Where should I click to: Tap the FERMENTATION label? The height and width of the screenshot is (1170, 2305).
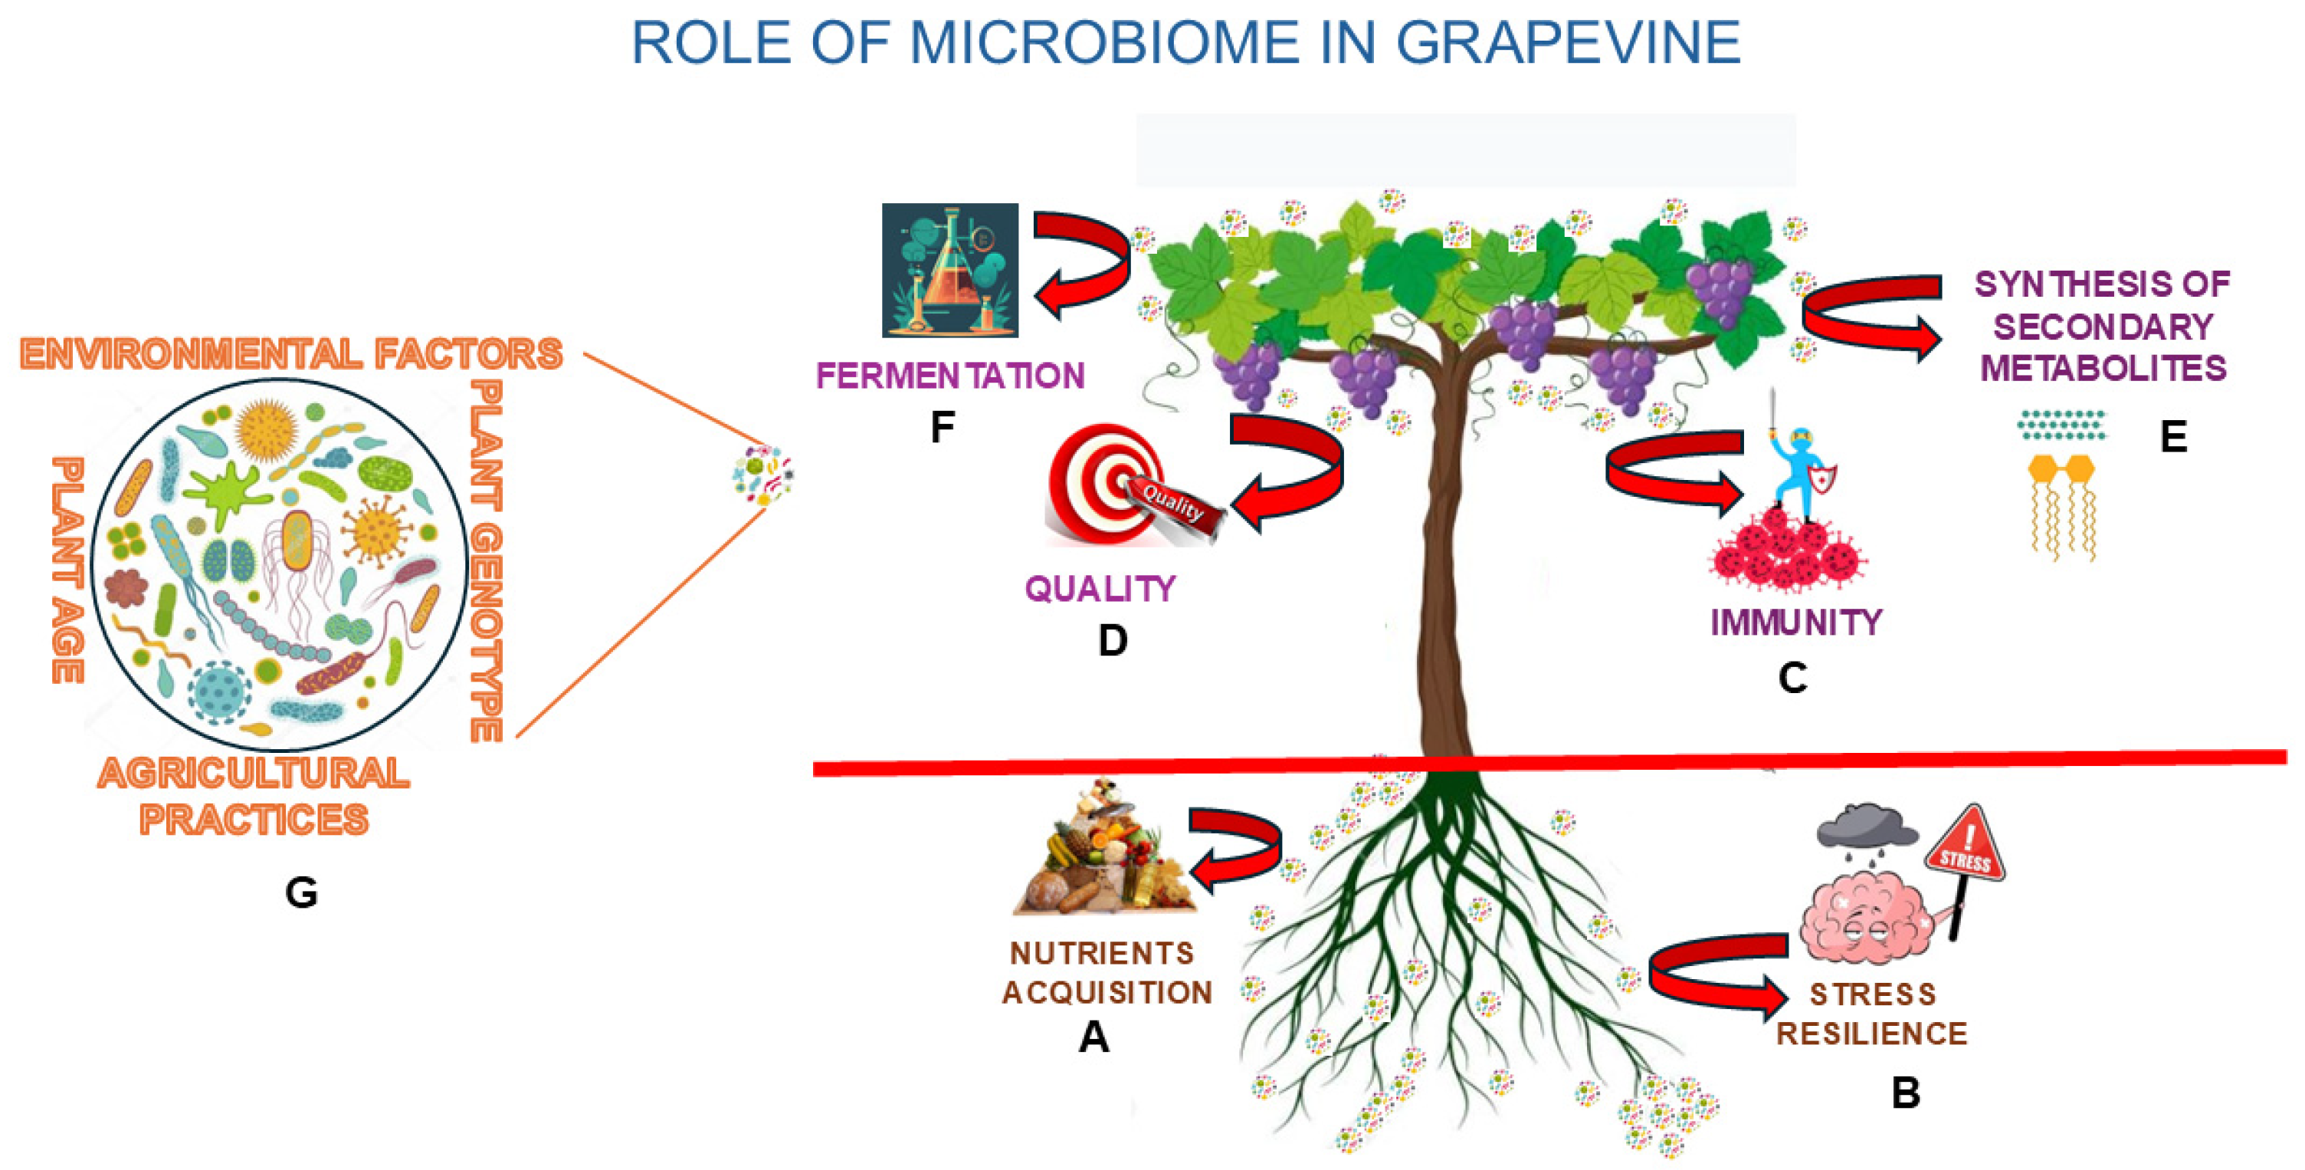[x=950, y=376]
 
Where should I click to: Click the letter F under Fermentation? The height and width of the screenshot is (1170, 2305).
[x=941, y=428]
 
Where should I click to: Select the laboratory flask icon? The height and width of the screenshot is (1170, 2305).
[x=950, y=271]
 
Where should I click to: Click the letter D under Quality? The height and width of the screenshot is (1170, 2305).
[x=1112, y=641]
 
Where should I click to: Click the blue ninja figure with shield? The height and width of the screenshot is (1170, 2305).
[x=1798, y=470]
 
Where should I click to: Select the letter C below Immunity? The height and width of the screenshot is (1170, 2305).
[x=1792, y=679]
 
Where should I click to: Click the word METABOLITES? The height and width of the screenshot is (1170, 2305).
[x=2103, y=369]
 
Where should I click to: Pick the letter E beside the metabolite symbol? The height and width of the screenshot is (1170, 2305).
[x=2173, y=437]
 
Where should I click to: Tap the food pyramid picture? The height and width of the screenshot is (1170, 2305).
[x=1103, y=850]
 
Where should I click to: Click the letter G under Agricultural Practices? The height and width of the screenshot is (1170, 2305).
[x=300, y=892]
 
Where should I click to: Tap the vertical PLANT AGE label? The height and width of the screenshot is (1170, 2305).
[x=68, y=570]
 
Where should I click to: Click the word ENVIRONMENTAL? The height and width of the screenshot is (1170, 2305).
[x=191, y=354]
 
